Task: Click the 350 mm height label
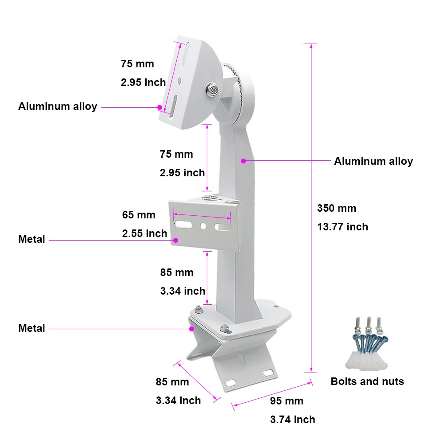click(337, 208)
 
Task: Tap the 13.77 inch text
click(342, 227)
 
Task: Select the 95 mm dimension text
click(287, 401)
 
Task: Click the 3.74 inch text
click(292, 420)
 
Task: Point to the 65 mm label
click(139, 215)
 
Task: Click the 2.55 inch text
click(144, 233)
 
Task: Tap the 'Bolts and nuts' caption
click(367, 381)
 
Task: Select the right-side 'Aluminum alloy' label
click(373, 161)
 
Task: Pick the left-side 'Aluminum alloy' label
click(58, 106)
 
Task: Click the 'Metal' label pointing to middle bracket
click(32, 240)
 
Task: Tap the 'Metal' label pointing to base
click(32, 328)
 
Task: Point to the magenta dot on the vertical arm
click(243, 161)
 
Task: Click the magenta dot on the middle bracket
click(175, 240)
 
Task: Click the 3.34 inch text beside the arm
click(183, 291)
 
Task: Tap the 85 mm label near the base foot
click(172, 382)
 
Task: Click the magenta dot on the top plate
click(159, 107)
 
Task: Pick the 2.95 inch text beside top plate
click(143, 82)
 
